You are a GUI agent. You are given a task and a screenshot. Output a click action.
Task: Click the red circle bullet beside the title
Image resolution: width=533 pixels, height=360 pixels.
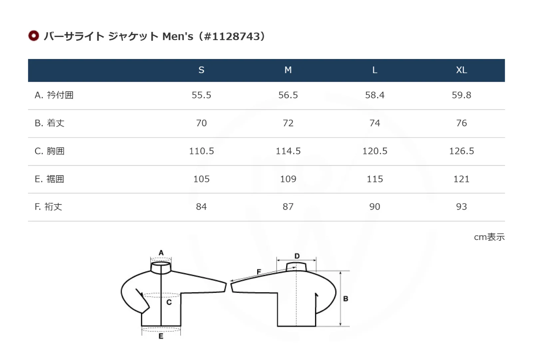tap(34, 36)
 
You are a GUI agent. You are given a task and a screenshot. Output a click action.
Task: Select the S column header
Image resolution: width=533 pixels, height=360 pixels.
tap(201, 70)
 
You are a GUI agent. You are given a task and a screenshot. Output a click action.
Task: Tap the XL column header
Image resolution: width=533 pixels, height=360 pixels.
tap(461, 70)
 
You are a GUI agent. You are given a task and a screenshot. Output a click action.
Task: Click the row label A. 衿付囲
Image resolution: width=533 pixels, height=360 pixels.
tap(54, 95)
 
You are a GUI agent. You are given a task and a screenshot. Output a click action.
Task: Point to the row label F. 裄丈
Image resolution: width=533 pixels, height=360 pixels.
tap(48, 207)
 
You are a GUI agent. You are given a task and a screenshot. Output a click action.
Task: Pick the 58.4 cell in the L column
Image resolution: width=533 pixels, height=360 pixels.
tap(375, 95)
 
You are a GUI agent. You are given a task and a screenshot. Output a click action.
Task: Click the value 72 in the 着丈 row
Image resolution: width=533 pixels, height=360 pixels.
tap(288, 123)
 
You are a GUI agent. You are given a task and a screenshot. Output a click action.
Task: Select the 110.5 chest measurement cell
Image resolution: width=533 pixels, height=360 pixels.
tap(201, 151)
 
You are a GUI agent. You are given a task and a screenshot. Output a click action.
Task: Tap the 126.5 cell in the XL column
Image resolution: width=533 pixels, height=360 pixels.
tap(461, 151)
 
